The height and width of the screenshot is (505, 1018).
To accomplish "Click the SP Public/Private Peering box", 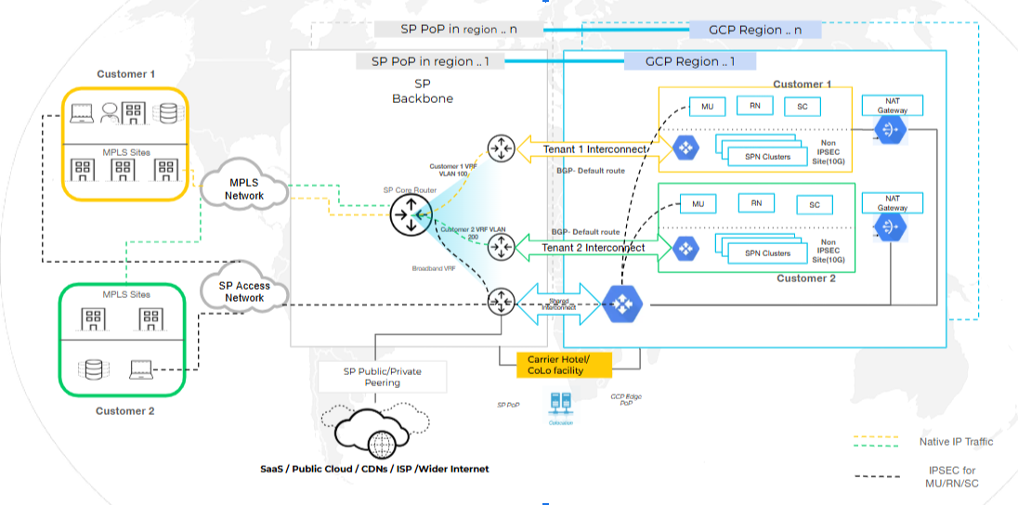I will pyautogui.click(x=382, y=376).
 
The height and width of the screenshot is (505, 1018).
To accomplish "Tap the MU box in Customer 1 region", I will pyautogui.click(x=707, y=106).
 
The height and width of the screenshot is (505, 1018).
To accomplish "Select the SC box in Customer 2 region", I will pyautogui.click(x=815, y=205).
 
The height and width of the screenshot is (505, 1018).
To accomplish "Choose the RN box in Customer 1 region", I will pyautogui.click(x=754, y=106).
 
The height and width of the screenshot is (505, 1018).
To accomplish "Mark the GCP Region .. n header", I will pyautogui.click(x=755, y=30).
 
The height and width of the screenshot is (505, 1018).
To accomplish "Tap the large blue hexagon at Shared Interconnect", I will pyautogui.click(x=620, y=304).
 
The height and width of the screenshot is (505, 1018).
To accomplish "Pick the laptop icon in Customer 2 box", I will pyautogui.click(x=140, y=369).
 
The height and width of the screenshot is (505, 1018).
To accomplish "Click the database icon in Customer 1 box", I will pyautogui.click(x=167, y=113).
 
